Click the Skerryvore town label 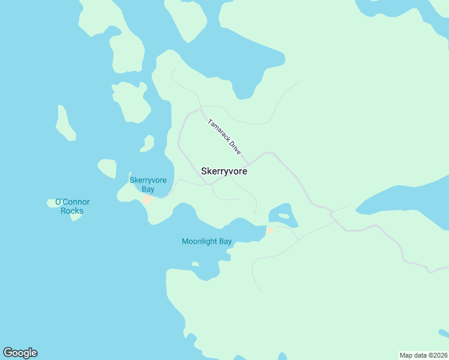tap(224, 171)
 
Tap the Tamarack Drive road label tap(224, 137)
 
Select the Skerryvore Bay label tap(148, 184)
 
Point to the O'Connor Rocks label tap(72, 206)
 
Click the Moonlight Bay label tap(206, 242)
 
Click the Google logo tap(20, 353)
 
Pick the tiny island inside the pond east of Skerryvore tap(284, 215)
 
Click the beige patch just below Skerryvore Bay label tap(146, 200)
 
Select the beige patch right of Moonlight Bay tap(270, 230)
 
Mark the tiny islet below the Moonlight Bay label tap(195, 263)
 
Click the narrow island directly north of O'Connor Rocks tap(65, 123)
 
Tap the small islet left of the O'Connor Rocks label tap(51, 203)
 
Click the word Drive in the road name tap(234, 148)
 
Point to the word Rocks tap(72, 211)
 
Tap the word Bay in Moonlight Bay tap(225, 242)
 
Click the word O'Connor tap(72, 202)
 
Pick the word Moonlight tap(199, 242)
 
